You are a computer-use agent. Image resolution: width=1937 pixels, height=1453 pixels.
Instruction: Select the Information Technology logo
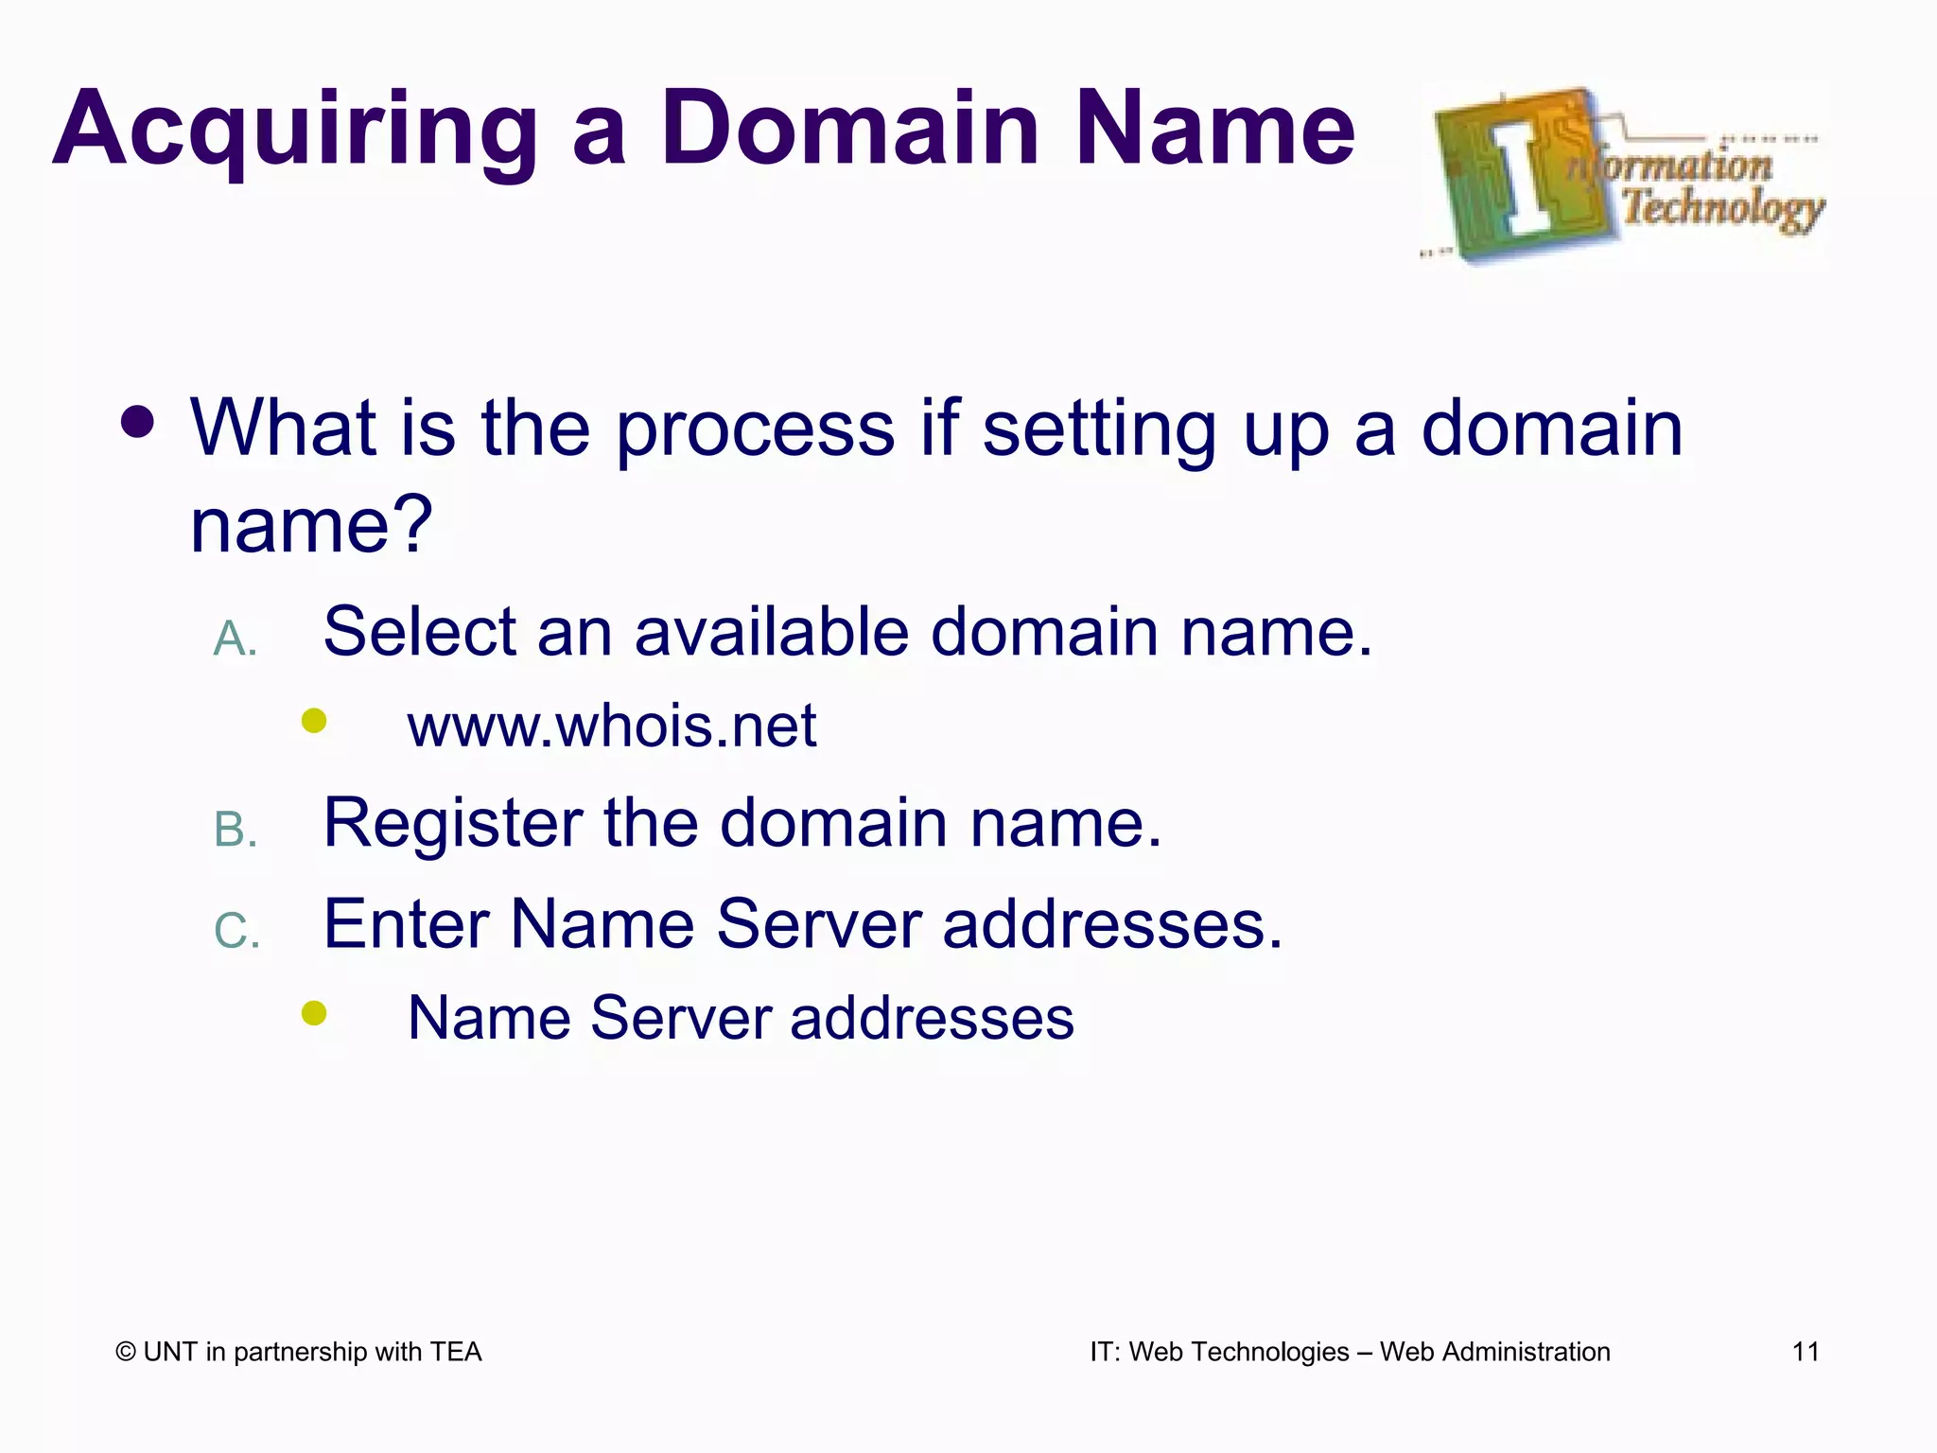[x=1623, y=176]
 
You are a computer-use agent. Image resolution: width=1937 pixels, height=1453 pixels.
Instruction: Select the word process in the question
[x=755, y=429]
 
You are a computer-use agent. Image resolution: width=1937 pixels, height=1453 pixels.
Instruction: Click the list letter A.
[x=235, y=639]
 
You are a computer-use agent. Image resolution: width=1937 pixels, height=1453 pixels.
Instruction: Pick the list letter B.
[x=235, y=831]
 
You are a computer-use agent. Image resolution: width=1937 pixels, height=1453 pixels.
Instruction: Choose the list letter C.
[x=236, y=931]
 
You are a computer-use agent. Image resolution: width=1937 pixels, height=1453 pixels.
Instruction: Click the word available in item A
[x=771, y=631]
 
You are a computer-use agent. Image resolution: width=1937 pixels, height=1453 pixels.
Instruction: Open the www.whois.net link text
[x=612, y=726]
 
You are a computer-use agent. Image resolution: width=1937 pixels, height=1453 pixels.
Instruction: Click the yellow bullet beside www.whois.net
[x=314, y=722]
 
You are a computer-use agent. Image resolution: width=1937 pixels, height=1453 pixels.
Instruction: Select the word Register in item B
[x=452, y=823]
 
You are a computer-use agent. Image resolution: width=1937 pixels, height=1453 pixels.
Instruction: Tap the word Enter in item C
[x=406, y=923]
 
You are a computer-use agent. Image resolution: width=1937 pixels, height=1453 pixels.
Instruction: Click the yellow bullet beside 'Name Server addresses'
[x=314, y=1013]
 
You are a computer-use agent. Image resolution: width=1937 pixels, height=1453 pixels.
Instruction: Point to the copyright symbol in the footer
[x=126, y=1352]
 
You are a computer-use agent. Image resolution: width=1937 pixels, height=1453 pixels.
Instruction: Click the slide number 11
[x=1806, y=1352]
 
